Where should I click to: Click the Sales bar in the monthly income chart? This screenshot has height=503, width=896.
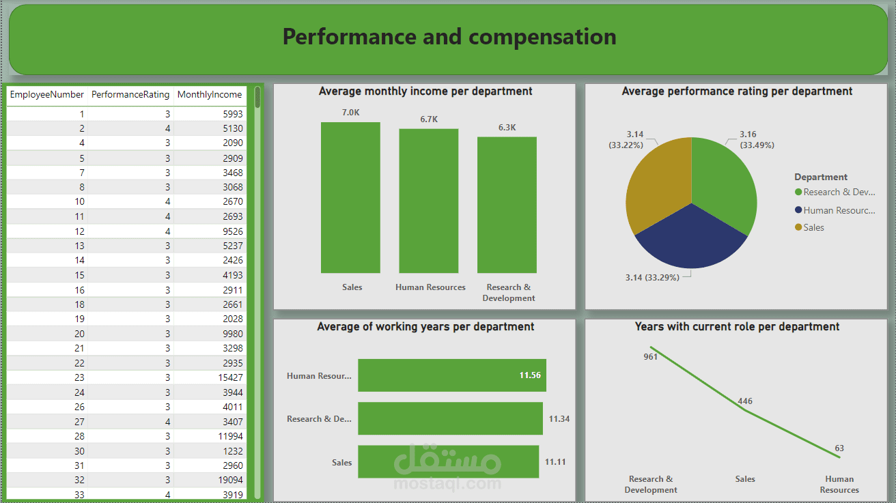[350, 197]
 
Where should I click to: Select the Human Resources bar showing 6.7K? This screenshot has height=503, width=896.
[429, 201]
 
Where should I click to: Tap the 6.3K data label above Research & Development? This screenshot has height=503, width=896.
[507, 128]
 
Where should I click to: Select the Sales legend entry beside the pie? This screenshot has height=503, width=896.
[813, 228]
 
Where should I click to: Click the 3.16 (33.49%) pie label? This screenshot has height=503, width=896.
[756, 140]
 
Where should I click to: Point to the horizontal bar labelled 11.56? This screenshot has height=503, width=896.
[451, 375]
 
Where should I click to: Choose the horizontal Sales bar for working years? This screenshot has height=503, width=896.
[448, 462]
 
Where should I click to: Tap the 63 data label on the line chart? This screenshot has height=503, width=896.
[839, 448]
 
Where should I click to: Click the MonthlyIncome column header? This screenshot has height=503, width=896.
[209, 95]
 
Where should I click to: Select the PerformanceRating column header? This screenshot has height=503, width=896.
[130, 95]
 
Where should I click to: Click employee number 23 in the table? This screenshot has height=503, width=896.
[79, 377]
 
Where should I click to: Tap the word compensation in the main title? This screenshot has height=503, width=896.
[542, 37]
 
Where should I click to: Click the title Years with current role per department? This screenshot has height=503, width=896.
[737, 327]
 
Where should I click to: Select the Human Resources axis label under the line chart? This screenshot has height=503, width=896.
[839, 485]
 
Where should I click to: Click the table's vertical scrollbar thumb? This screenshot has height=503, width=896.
[257, 97]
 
